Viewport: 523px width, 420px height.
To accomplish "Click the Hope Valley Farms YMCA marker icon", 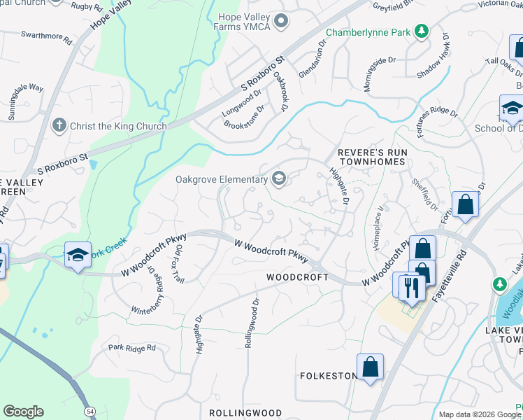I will click(282, 22).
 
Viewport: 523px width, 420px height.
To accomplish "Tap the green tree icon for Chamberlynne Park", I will click(421, 31).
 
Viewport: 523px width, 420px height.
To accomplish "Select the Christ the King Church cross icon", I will click(59, 126).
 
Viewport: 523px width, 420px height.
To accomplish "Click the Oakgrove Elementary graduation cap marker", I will click(278, 179).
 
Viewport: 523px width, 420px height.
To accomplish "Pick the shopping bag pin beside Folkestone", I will click(370, 366).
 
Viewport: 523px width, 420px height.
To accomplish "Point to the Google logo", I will click(23, 412).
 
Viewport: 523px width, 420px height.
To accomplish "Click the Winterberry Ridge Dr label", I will click(143, 288).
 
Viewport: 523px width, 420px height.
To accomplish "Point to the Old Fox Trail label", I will click(179, 264).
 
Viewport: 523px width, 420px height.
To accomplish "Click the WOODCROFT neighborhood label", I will click(297, 277).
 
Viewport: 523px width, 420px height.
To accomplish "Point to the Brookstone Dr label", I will click(245, 116).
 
